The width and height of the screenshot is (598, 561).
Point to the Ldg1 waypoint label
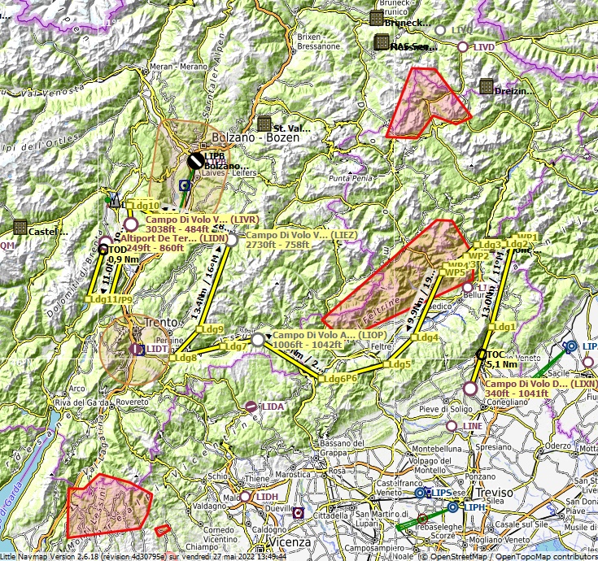coord(503,326)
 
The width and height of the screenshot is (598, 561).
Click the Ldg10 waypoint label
coord(144,206)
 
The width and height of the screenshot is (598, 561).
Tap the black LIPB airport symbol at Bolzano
coord(195,161)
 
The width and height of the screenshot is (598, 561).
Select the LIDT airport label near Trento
coord(157,349)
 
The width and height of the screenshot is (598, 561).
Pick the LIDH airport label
coord(267,497)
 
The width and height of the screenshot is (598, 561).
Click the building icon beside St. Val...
coord(264,124)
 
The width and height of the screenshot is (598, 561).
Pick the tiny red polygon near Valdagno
coord(163,529)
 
